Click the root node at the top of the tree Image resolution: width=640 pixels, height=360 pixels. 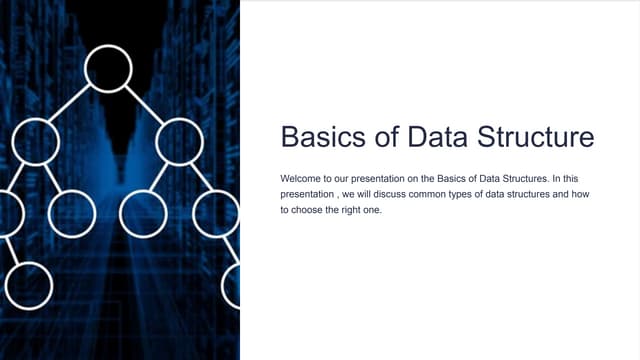108,68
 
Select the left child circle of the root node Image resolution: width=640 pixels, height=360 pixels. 36,141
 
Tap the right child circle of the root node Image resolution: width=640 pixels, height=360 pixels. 180,141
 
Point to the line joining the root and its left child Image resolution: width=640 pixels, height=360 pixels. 71,105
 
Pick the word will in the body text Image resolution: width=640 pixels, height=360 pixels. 370,193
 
